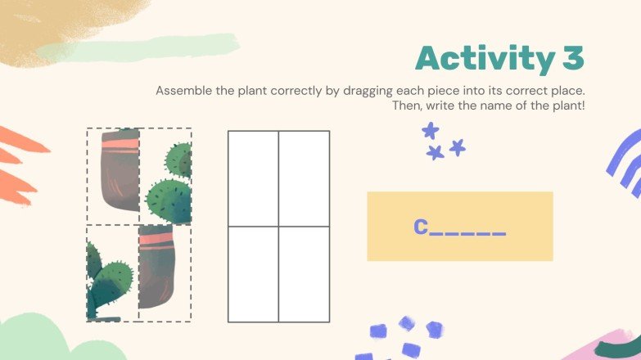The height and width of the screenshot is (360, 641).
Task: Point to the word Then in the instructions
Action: (406, 106)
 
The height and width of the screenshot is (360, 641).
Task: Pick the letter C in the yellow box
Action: (421, 227)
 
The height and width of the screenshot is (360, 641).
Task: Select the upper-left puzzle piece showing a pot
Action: (115, 175)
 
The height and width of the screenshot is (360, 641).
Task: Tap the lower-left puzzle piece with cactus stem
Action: (111, 274)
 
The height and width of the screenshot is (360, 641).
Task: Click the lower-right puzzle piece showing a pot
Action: (165, 272)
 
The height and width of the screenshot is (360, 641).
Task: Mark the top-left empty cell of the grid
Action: (253, 178)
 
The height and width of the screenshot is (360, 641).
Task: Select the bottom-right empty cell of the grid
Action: (304, 274)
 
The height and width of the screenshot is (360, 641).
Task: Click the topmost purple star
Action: (430, 130)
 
